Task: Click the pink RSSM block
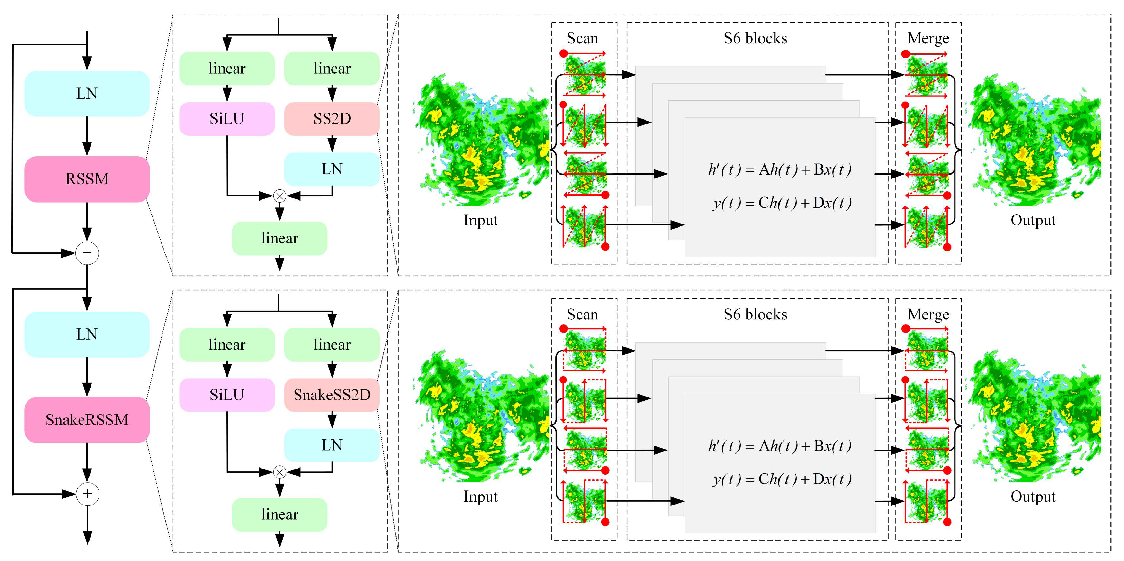click(x=87, y=179)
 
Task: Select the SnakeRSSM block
click(x=87, y=420)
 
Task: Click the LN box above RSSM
click(x=87, y=93)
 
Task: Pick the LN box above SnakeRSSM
click(x=87, y=335)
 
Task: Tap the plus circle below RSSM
click(x=87, y=253)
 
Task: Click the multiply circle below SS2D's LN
click(x=279, y=196)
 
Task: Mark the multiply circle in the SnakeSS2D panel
click(x=279, y=472)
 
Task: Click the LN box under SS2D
click(x=332, y=169)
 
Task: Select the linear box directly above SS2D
click(x=332, y=69)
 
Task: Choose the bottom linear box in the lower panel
click(x=279, y=515)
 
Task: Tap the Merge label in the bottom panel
click(x=928, y=315)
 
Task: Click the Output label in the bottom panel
click(x=1033, y=497)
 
